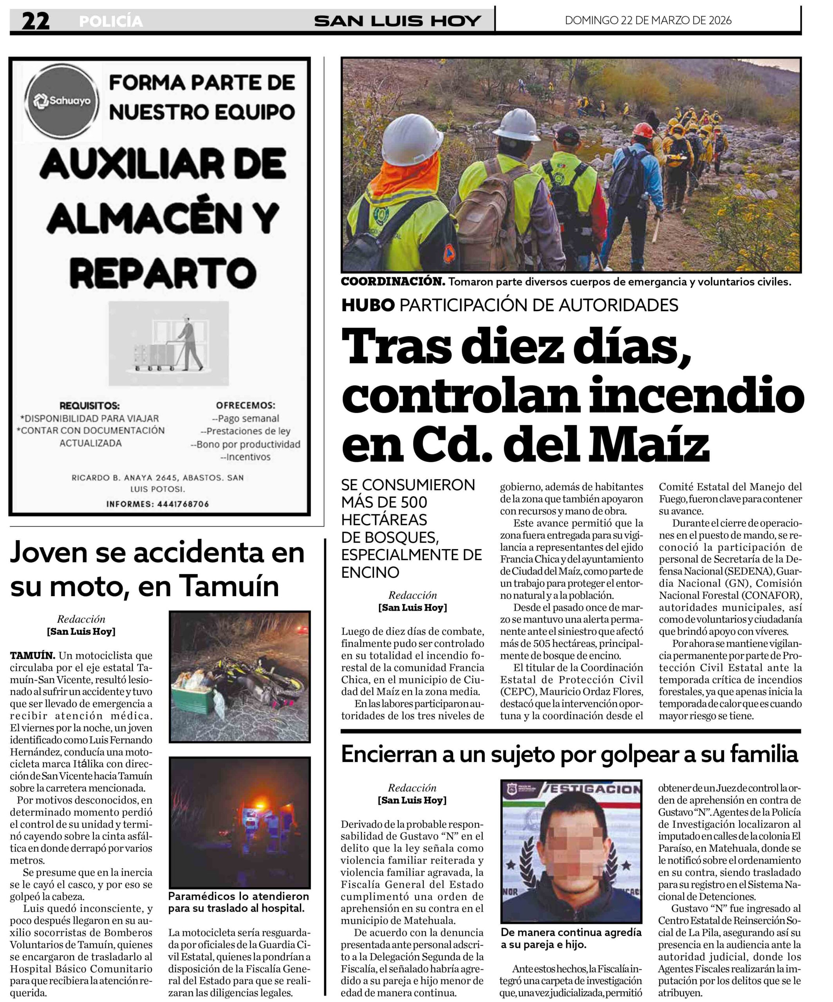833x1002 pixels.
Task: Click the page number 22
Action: tap(35, 21)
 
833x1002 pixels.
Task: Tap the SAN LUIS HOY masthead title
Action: tap(397, 21)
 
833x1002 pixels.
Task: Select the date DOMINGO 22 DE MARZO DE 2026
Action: tap(648, 20)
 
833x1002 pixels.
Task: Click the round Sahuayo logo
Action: tap(62, 101)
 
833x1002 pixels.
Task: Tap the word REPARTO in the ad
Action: tap(164, 273)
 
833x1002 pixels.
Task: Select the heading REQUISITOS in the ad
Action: tap(90, 406)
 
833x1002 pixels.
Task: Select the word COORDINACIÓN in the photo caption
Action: tap(392, 282)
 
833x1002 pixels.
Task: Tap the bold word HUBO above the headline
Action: tap(368, 305)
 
